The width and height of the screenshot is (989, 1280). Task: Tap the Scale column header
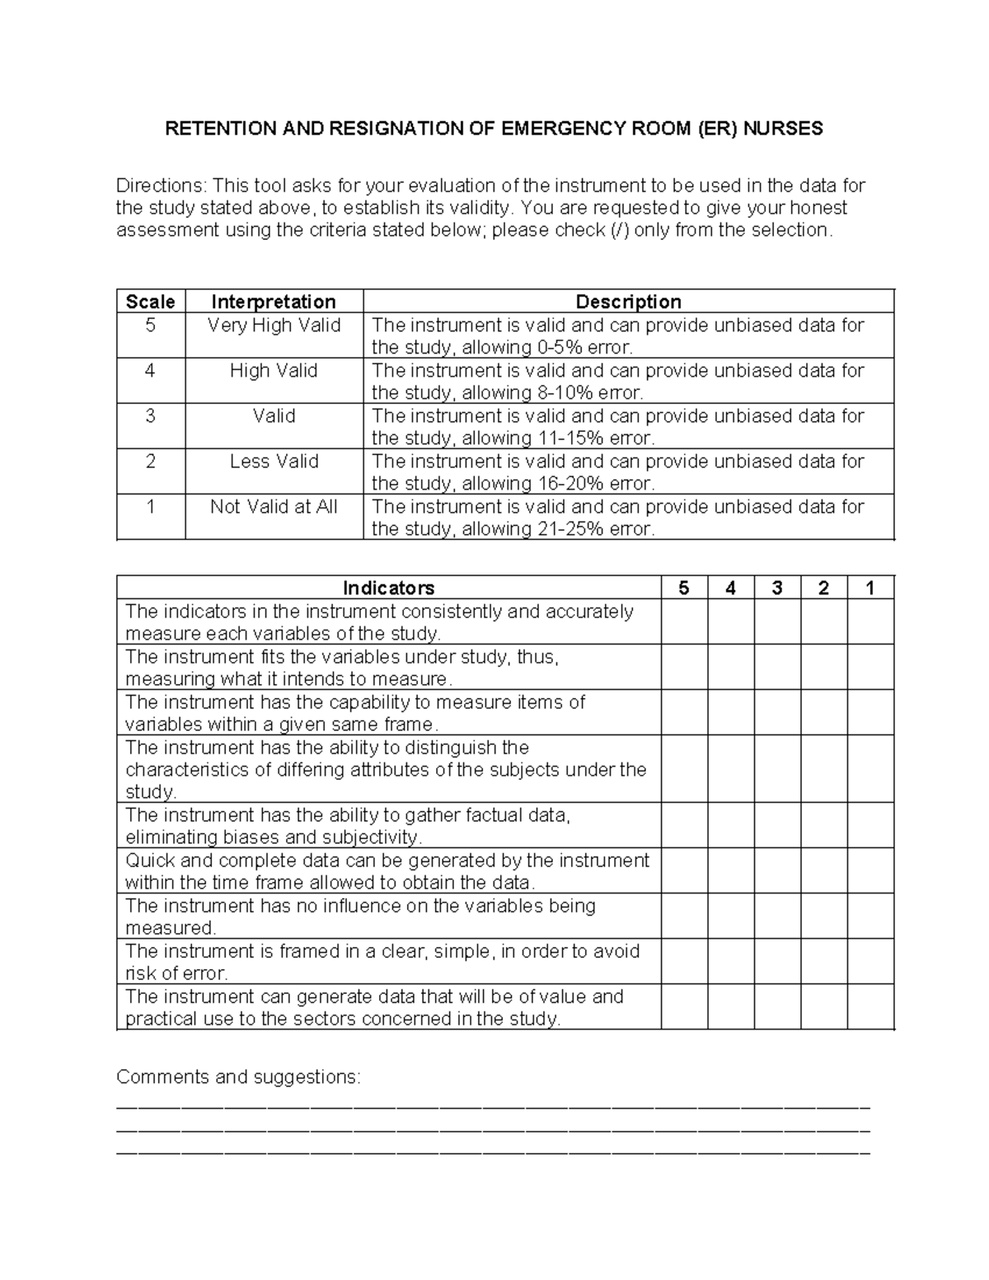click(x=150, y=302)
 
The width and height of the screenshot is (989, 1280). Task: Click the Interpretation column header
click(x=274, y=302)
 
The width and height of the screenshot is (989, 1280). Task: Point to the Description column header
click(x=628, y=302)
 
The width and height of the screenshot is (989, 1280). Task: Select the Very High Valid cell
click(x=274, y=326)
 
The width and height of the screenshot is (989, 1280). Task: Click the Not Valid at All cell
click(x=274, y=507)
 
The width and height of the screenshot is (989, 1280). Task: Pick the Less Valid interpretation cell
click(x=274, y=462)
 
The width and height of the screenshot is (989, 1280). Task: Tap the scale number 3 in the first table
click(x=150, y=416)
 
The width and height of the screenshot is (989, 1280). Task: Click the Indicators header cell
click(x=388, y=588)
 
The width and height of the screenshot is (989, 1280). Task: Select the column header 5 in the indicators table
click(x=683, y=588)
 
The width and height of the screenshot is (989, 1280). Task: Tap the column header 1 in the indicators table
click(x=869, y=588)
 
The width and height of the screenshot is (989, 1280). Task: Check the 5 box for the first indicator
click(x=684, y=621)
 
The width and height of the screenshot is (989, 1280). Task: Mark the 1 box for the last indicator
click(x=870, y=1006)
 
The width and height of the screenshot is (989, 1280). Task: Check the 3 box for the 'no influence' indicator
click(x=777, y=916)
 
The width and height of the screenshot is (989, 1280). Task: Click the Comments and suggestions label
click(x=238, y=1077)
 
